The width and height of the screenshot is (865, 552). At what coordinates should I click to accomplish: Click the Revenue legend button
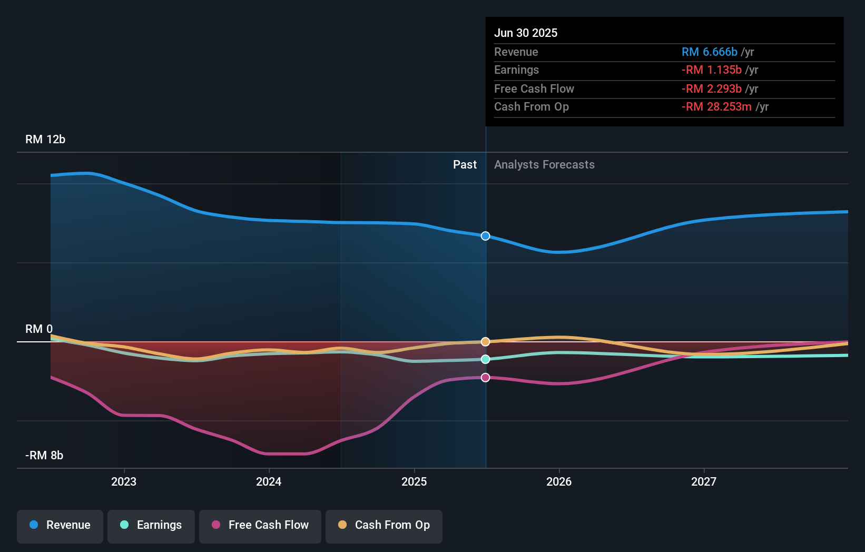click(x=60, y=525)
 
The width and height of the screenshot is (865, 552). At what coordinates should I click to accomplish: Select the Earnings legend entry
click(x=151, y=525)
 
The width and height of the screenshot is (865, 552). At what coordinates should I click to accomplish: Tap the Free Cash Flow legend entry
click(x=260, y=525)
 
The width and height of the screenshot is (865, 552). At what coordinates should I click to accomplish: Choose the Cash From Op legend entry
click(x=384, y=525)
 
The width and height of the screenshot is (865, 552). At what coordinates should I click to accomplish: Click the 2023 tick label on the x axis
click(x=124, y=482)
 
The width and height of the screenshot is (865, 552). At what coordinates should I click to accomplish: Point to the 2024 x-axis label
click(x=269, y=482)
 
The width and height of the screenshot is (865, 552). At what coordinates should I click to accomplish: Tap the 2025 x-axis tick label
click(x=414, y=482)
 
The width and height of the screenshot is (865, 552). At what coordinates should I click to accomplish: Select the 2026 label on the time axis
click(x=559, y=482)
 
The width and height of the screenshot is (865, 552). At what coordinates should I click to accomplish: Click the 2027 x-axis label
click(x=704, y=482)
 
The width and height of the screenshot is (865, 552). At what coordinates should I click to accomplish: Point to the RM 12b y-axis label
click(x=45, y=140)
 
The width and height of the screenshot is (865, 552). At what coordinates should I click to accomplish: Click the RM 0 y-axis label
click(x=39, y=329)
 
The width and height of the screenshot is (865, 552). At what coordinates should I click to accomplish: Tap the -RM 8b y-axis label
click(x=44, y=456)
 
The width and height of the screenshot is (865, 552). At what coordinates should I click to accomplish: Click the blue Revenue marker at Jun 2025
click(x=486, y=236)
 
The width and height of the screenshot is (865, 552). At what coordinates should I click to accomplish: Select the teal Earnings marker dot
click(x=486, y=359)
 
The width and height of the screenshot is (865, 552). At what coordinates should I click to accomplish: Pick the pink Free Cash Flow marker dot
click(x=486, y=378)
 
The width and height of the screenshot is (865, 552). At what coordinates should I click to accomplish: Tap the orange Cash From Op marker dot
click(x=486, y=342)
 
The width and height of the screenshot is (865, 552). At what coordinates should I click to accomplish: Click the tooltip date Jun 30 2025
click(x=526, y=33)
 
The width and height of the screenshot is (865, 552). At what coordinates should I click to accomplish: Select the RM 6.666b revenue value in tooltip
click(x=710, y=52)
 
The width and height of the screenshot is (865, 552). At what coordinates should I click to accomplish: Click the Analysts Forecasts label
click(x=544, y=165)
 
